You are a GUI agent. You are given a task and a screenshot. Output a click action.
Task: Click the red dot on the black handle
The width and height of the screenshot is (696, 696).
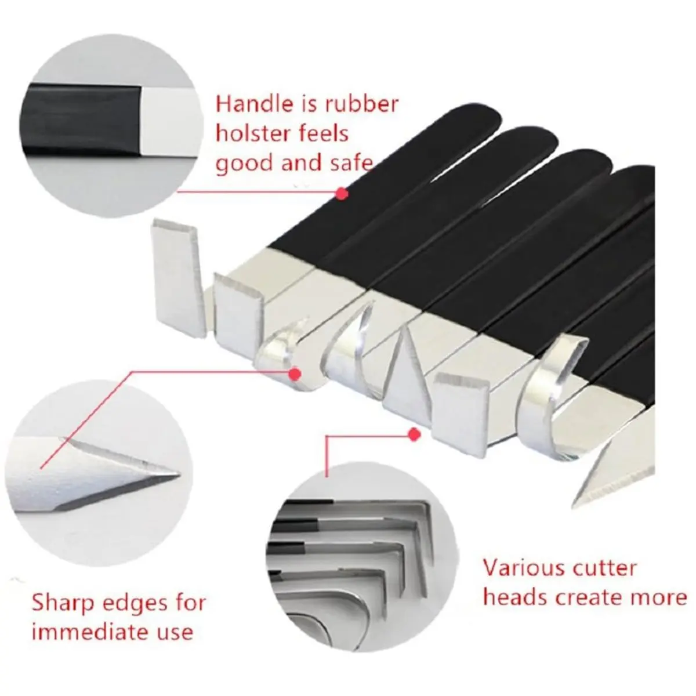(341, 194)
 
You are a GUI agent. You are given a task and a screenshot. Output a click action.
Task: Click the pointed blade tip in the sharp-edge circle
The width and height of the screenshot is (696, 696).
(177, 474)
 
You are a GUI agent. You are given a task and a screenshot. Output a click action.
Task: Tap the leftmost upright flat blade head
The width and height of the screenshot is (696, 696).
(177, 278)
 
